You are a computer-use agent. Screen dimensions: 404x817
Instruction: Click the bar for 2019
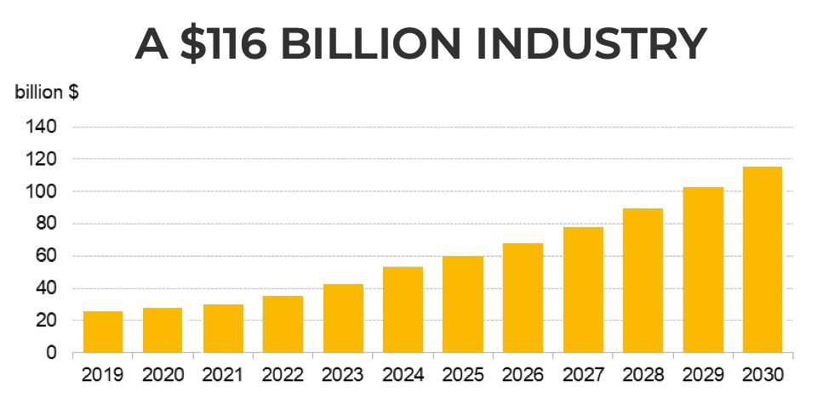(103, 332)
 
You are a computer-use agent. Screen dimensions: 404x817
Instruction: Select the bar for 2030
(763, 259)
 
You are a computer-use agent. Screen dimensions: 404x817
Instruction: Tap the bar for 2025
(463, 304)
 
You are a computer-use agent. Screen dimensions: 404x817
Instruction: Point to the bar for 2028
(643, 280)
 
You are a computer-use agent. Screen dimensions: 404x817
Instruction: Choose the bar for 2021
(223, 328)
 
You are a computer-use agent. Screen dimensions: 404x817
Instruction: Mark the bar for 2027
(583, 289)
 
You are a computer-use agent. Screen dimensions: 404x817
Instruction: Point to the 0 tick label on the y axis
(52, 352)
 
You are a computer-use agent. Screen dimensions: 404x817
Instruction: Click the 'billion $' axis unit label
(48, 93)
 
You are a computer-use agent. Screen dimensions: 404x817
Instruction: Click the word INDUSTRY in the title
(586, 43)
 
